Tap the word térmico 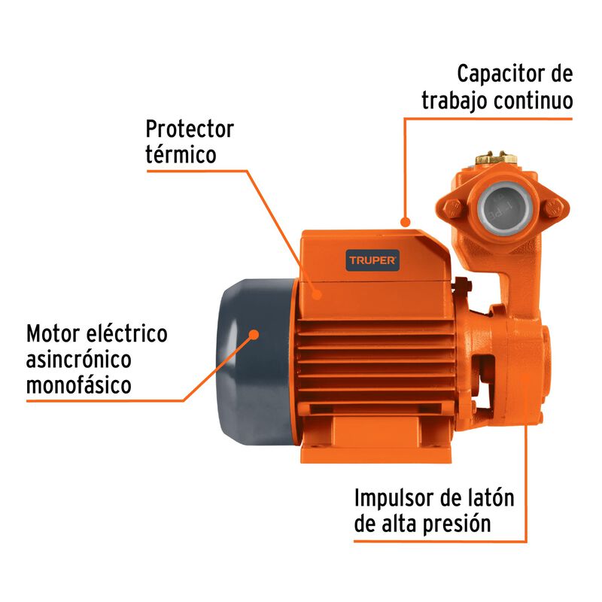[x=181, y=155]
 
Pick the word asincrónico [x=78, y=359]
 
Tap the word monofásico [x=79, y=385]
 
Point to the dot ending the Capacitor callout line [x=405, y=222]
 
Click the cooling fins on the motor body [x=376, y=354]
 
